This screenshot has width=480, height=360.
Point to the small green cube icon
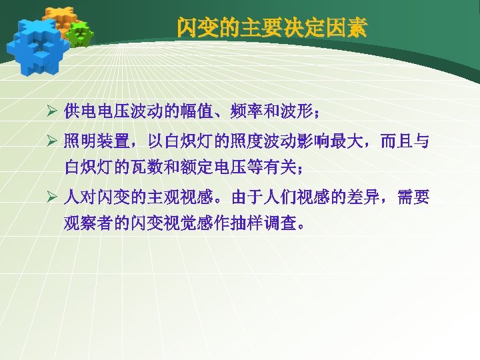[x=81, y=33]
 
